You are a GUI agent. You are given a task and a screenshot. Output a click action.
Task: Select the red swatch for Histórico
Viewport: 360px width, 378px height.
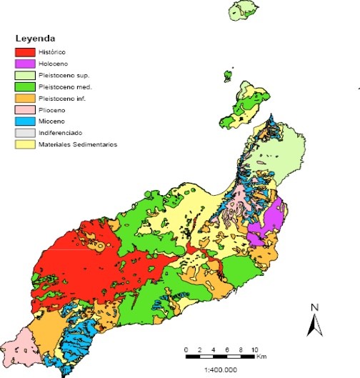[x=26, y=51]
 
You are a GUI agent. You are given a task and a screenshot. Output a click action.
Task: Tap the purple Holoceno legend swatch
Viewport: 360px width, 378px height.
[x=26, y=64]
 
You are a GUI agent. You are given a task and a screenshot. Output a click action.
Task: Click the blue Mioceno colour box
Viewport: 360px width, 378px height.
[x=26, y=121]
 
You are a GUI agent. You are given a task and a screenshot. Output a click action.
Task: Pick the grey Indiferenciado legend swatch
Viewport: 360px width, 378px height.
[x=26, y=133]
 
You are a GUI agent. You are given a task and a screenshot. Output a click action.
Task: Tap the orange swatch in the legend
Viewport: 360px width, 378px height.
[x=26, y=99]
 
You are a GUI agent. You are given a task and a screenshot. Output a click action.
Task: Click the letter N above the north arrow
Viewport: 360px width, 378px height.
[x=314, y=308]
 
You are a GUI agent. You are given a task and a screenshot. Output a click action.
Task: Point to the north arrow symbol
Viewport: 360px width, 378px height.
[x=312, y=325]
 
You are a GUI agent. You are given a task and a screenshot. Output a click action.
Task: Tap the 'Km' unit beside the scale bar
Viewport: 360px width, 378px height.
[x=264, y=355]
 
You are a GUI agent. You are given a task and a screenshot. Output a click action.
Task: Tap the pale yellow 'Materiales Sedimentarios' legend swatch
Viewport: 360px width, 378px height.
[x=26, y=145]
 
